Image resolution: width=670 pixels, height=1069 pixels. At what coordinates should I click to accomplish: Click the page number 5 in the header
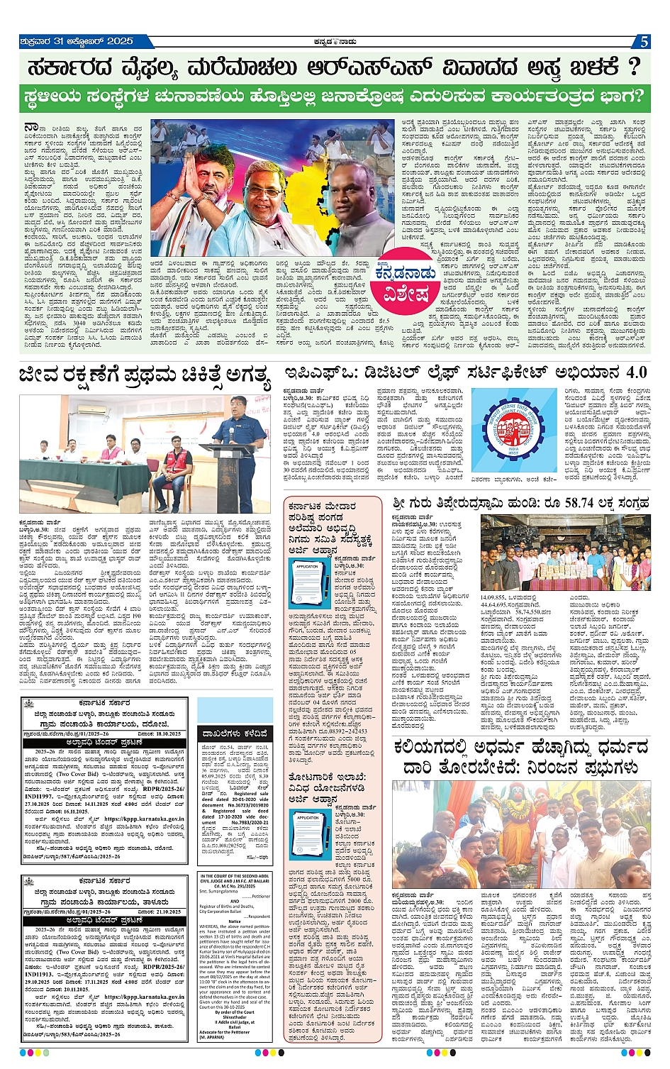tap(644, 42)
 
